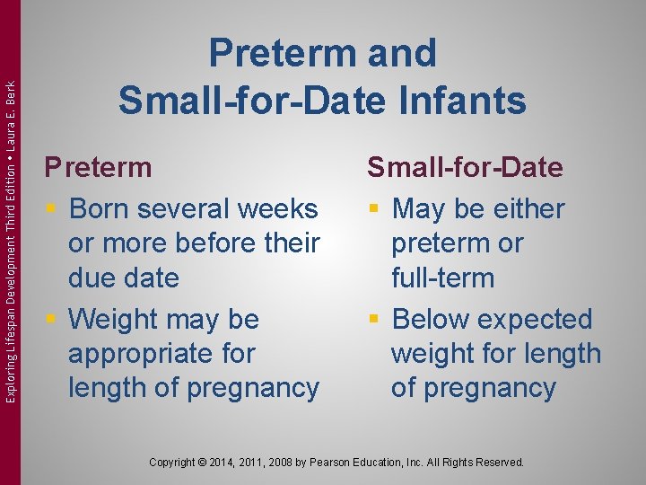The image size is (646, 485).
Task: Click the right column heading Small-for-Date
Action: coord(464,167)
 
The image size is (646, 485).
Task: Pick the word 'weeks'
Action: coord(280,208)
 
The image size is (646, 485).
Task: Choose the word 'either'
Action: coord(525,208)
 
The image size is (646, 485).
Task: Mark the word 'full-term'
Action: coord(442,278)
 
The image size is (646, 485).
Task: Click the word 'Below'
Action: coord(433,319)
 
